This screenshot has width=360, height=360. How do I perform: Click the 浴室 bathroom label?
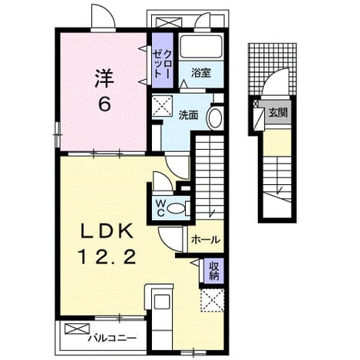point(201,74)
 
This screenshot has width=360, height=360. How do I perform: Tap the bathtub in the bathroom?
point(201,46)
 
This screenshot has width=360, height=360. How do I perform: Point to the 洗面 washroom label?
point(188,115)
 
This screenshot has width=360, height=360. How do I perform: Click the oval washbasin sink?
point(214,119)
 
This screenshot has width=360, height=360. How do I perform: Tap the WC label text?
point(160,208)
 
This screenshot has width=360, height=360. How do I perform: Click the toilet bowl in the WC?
point(177,208)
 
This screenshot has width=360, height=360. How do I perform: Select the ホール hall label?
point(206,240)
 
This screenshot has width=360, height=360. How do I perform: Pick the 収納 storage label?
point(214,271)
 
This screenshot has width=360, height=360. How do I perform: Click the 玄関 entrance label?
point(278,113)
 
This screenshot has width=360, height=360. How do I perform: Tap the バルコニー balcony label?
point(112,339)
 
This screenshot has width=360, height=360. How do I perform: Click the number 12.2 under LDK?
point(107,257)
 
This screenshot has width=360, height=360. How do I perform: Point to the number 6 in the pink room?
point(105,104)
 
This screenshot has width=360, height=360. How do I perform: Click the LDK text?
point(107,231)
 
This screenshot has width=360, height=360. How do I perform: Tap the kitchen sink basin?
point(162,302)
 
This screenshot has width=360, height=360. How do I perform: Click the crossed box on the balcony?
point(78,329)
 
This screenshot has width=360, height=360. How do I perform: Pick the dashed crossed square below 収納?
point(213,300)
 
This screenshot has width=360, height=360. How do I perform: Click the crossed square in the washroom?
point(162,106)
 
